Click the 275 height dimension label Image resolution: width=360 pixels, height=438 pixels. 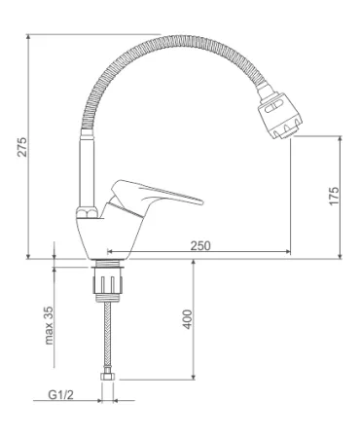pyautogui.click(x=22, y=147)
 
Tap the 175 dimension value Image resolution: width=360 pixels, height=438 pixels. pyautogui.click(x=334, y=196)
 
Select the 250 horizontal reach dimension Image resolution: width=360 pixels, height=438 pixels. pyautogui.click(x=200, y=245)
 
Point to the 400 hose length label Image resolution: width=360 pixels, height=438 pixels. pyautogui.click(x=188, y=319)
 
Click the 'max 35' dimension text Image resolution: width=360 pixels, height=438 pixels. pyautogui.click(x=49, y=325)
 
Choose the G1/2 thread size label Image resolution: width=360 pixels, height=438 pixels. pyautogui.click(x=60, y=394)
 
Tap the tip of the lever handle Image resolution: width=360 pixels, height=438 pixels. pyautogui.click(x=202, y=201)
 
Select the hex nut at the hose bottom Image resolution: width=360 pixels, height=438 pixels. pyautogui.click(x=107, y=377)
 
